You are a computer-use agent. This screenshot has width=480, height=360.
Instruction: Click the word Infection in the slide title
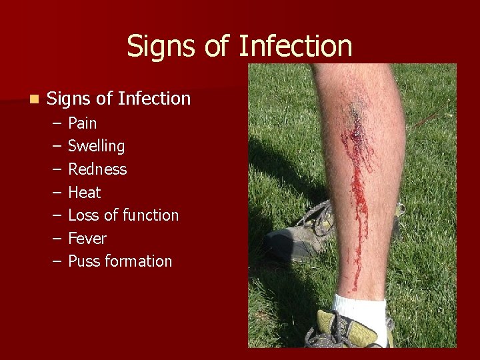pos(295,46)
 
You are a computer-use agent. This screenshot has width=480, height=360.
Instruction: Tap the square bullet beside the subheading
pos(33,99)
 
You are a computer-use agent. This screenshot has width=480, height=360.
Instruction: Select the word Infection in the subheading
pos(154,99)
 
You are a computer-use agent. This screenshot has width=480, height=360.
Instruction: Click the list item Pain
pos(83,123)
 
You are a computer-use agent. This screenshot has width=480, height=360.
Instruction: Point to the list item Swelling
pos(96,146)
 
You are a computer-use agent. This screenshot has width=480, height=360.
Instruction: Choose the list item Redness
pos(97,169)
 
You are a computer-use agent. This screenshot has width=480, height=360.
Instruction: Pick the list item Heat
pos(85,193)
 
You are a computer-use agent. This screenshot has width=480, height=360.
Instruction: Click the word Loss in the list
pos(83,215)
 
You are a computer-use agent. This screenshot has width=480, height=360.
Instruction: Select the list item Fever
pos(87,239)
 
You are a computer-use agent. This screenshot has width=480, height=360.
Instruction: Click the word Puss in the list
pos(83,261)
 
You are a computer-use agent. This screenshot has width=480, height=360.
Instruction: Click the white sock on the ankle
pos(360,310)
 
